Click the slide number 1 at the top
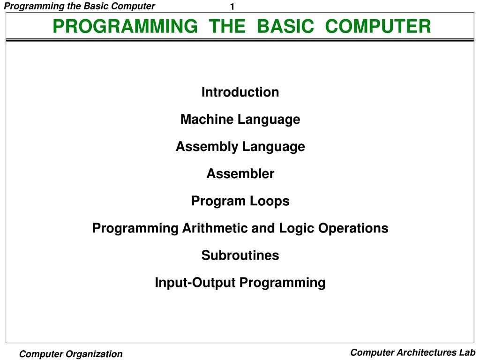(x=232, y=7)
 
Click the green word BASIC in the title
(x=285, y=26)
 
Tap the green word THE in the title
(x=227, y=26)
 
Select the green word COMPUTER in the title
(x=378, y=26)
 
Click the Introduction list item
(x=240, y=92)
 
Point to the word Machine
(x=207, y=119)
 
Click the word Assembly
(x=207, y=147)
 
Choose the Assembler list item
(x=240, y=173)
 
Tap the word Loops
(x=270, y=202)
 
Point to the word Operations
(x=353, y=229)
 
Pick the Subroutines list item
(x=240, y=255)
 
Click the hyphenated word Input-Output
(x=195, y=283)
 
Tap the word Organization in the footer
(x=94, y=354)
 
